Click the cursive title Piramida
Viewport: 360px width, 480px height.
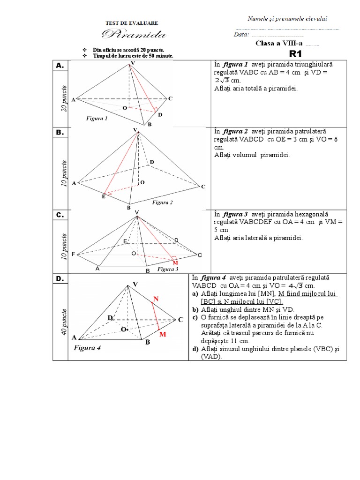pyautogui.click(x=133, y=34)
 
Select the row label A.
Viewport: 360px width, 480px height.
pyautogui.click(x=60, y=67)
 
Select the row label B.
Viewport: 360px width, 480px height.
pyautogui.click(x=60, y=133)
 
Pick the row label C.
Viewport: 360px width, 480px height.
pyautogui.click(x=60, y=215)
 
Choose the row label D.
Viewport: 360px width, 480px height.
pyautogui.click(x=60, y=279)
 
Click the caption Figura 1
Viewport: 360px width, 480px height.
pyautogui.click(x=97, y=119)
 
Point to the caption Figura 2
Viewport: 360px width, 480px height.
pyautogui.click(x=162, y=202)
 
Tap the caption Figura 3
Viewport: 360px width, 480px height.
pyautogui.click(x=167, y=269)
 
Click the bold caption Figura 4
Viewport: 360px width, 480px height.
pyautogui.click(x=87, y=348)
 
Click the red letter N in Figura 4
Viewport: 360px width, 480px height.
pyautogui.click(x=156, y=299)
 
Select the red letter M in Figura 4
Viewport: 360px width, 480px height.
pyautogui.click(x=163, y=334)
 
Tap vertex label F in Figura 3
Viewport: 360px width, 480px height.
pyautogui.click(x=74, y=254)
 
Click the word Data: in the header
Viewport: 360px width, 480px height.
pyautogui.click(x=241, y=35)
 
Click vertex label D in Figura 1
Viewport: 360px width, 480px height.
pyautogui.click(x=160, y=115)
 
